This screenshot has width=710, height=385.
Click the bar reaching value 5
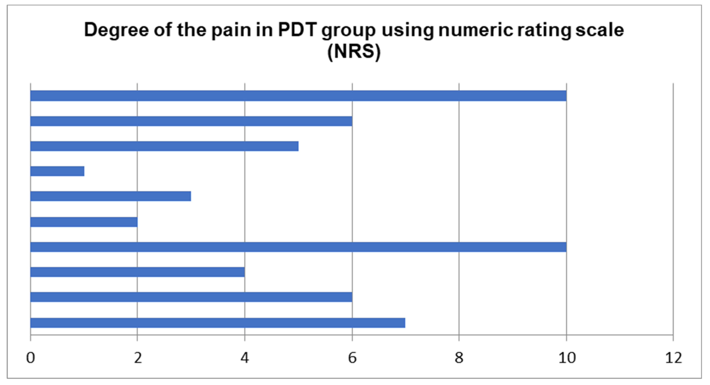(164, 146)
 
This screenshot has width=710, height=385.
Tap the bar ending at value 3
(111, 196)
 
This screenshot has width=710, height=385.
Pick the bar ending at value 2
(84, 222)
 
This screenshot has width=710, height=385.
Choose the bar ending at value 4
(137, 272)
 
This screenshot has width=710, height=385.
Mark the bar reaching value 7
(218, 323)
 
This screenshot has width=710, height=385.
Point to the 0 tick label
(31, 358)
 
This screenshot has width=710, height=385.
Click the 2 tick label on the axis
(137, 358)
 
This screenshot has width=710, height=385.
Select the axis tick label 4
(245, 358)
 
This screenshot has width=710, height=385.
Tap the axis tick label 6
(352, 358)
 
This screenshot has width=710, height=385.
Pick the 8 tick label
(459, 358)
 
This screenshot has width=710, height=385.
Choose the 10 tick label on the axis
(567, 358)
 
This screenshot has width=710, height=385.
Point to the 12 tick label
(673, 358)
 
